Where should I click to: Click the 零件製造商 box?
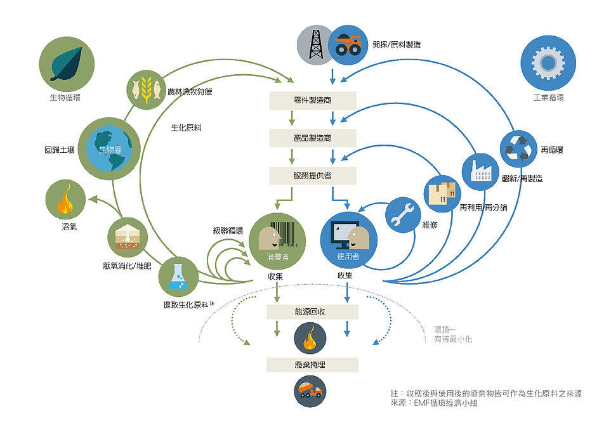[x=313, y=100]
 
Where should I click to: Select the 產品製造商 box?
[x=313, y=138]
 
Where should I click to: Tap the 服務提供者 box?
[x=313, y=176]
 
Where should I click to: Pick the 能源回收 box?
[x=312, y=312]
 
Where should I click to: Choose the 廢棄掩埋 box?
[x=312, y=365]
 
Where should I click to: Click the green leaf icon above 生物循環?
[x=67, y=64]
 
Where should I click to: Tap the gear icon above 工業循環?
[x=548, y=63]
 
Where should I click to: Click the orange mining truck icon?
[x=348, y=45]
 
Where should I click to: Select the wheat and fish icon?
[x=147, y=89]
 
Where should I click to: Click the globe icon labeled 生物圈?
[x=109, y=148]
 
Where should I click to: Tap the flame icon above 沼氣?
[x=65, y=199]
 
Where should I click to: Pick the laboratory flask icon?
[x=178, y=277]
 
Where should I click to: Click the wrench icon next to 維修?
[x=404, y=215]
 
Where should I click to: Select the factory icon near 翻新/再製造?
[x=480, y=172]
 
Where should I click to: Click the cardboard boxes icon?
[x=442, y=193]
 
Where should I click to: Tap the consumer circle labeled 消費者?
[x=277, y=241]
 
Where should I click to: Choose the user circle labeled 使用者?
[x=349, y=240]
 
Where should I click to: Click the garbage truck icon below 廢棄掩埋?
[x=310, y=391]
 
